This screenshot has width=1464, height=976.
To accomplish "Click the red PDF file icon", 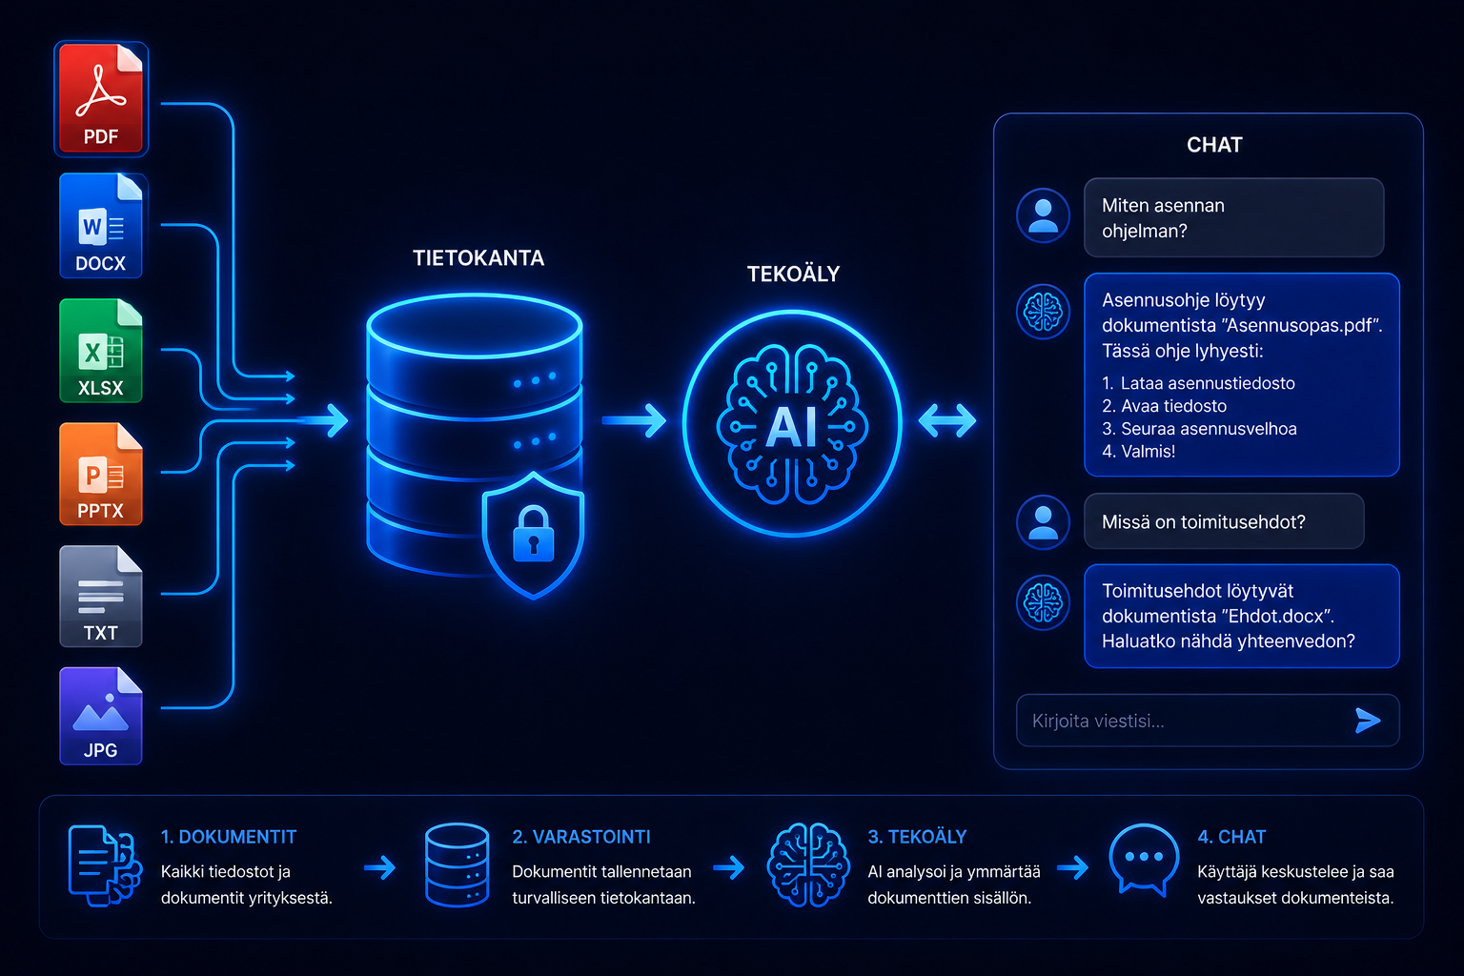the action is pyautogui.click(x=101, y=99).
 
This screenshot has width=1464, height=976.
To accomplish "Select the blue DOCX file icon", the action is pyautogui.click(x=101, y=226).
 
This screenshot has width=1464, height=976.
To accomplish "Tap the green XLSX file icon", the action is pyautogui.click(x=101, y=351).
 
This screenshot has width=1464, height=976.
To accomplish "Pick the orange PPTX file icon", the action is pyautogui.click(x=101, y=474).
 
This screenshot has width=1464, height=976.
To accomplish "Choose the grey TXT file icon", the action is pyautogui.click(x=101, y=597).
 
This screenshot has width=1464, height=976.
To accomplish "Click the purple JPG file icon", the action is pyautogui.click(x=101, y=716).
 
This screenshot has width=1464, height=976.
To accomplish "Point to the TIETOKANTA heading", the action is pyautogui.click(x=478, y=258).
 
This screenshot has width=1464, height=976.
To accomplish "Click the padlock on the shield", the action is pyautogui.click(x=534, y=534).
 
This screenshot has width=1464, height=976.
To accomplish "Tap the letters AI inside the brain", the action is pyautogui.click(x=791, y=428).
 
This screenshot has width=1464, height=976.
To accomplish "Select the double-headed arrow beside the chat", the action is pyautogui.click(x=947, y=420).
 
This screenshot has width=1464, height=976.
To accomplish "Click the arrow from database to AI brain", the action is pyautogui.click(x=633, y=420).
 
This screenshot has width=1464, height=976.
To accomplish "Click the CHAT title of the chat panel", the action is pyautogui.click(x=1214, y=145).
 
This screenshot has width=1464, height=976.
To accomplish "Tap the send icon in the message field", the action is pyautogui.click(x=1368, y=721).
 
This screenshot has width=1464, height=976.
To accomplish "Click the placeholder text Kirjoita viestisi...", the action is pyautogui.click(x=1098, y=722).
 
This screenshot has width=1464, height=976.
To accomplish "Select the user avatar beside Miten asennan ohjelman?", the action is pyautogui.click(x=1043, y=215).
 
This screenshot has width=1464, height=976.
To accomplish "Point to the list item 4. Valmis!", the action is pyautogui.click(x=1139, y=452).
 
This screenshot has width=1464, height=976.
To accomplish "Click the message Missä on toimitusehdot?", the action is pyautogui.click(x=1203, y=521).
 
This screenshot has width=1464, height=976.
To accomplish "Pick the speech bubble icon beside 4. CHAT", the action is pyautogui.click(x=1143, y=860).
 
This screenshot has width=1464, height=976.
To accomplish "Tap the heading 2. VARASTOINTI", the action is pyautogui.click(x=581, y=837).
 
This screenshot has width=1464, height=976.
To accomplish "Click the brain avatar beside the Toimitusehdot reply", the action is pyautogui.click(x=1043, y=602).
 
